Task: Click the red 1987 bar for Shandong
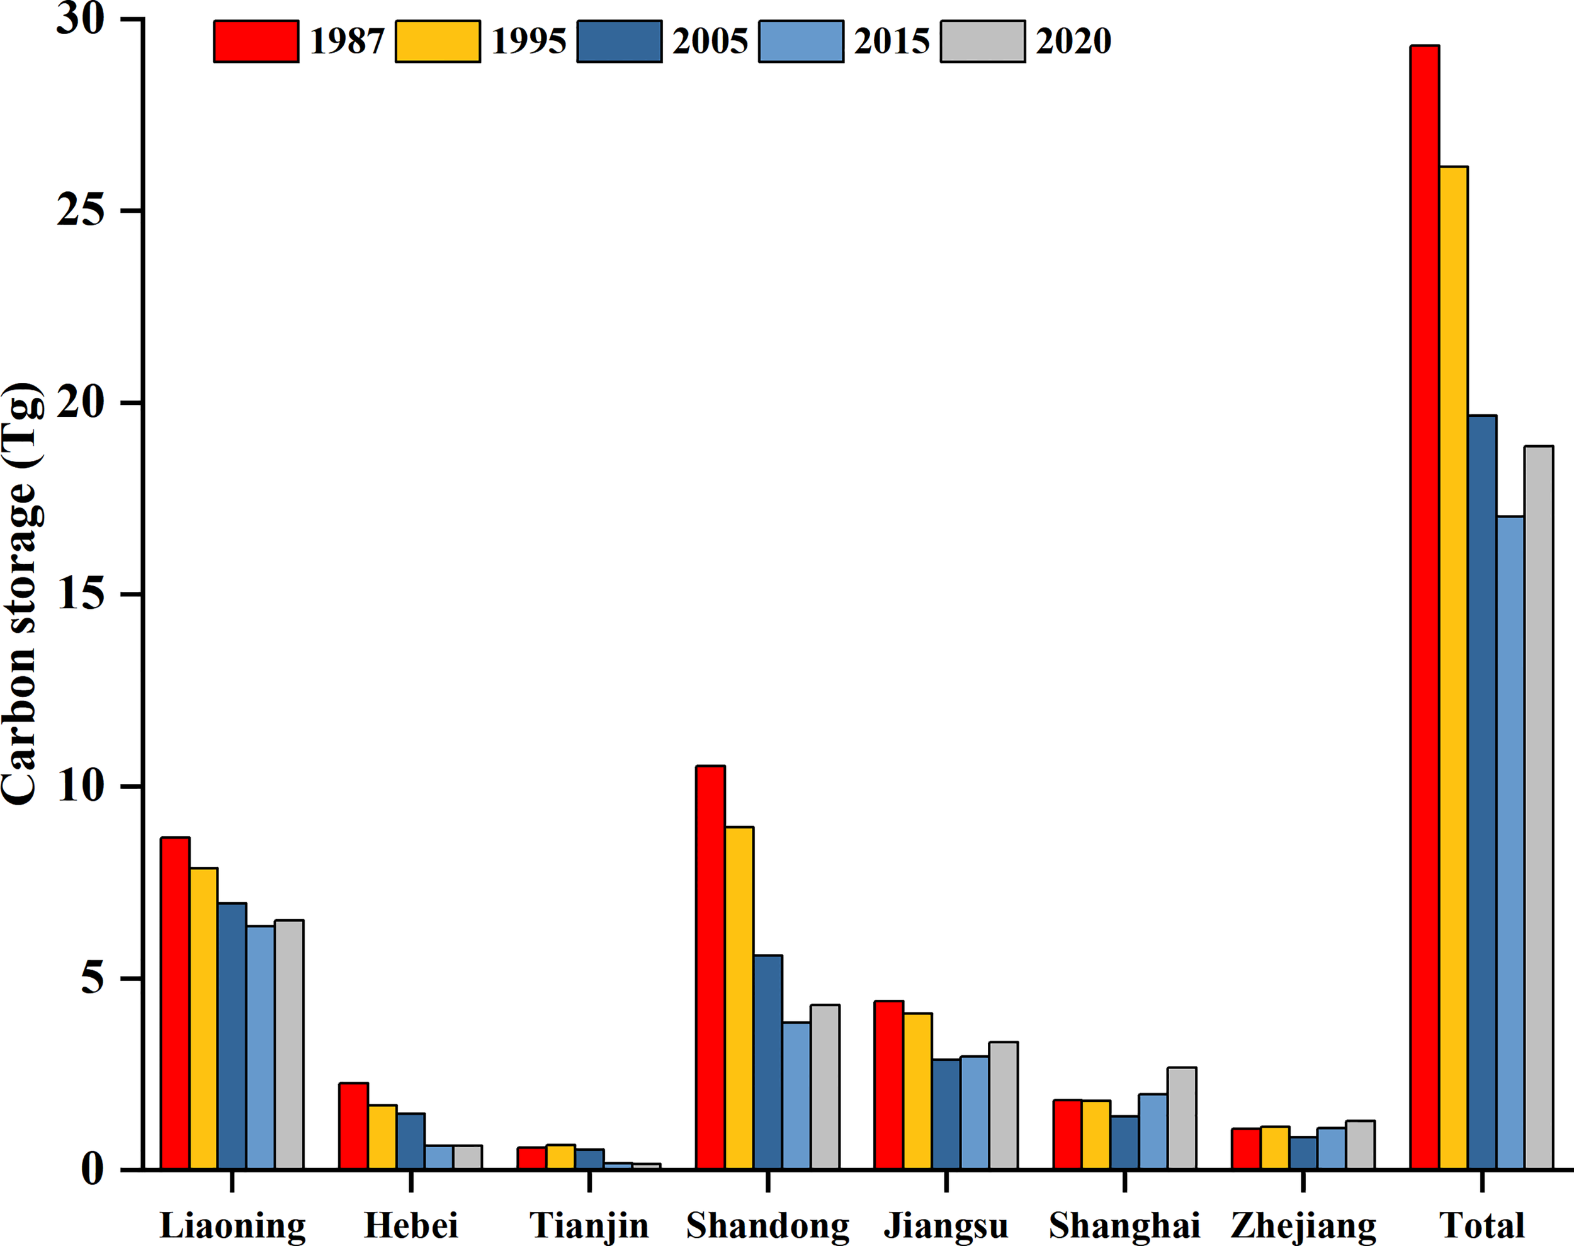pyautogui.click(x=710, y=967)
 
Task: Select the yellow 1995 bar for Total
pyautogui.click(x=1453, y=667)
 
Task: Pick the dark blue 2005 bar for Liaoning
pyautogui.click(x=232, y=1036)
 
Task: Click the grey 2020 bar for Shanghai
pyautogui.click(x=1182, y=1118)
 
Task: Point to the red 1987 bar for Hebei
pyautogui.click(x=354, y=1126)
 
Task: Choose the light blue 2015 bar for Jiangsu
pyautogui.click(x=975, y=1113)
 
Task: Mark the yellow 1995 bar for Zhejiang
pyautogui.click(x=1275, y=1148)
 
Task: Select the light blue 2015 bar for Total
pyautogui.click(x=1510, y=842)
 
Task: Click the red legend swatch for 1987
pyautogui.click(x=256, y=42)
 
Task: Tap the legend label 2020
pyautogui.click(x=1073, y=42)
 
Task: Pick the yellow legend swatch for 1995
pyautogui.click(x=438, y=42)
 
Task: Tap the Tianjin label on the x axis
pyautogui.click(x=589, y=1225)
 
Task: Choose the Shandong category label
pyautogui.click(x=767, y=1225)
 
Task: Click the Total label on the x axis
pyautogui.click(x=1481, y=1225)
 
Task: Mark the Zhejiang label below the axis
pyautogui.click(x=1303, y=1225)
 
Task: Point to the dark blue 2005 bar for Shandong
pyautogui.click(x=767, y=1062)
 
